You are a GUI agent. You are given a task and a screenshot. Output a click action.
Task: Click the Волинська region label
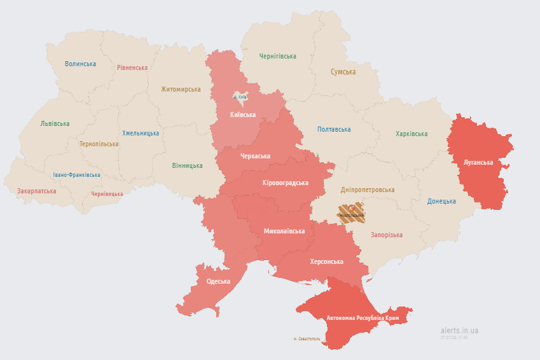click(80, 64)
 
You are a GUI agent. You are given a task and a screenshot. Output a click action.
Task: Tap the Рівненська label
click(132, 67)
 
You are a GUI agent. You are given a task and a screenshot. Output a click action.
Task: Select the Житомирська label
click(181, 89)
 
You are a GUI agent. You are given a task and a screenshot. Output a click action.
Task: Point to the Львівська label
click(55, 123)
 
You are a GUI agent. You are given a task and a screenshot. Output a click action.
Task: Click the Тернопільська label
click(99, 144)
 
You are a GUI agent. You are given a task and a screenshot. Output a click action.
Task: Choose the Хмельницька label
click(141, 133)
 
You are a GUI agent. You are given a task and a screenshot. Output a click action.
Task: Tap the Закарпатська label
click(37, 190)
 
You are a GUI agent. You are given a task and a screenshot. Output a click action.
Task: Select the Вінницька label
click(187, 165)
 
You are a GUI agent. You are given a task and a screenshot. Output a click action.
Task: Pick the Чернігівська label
click(277, 56)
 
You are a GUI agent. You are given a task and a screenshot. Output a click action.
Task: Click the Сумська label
click(343, 72)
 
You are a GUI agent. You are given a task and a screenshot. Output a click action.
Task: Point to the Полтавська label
click(334, 129)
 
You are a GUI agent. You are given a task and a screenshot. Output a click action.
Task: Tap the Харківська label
click(412, 134)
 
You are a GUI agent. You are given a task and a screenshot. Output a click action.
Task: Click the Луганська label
click(478, 162)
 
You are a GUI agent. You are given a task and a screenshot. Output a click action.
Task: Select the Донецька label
click(441, 201)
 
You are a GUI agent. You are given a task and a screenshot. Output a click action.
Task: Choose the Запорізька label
click(387, 235)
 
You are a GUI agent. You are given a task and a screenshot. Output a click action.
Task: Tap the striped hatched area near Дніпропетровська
click(351, 212)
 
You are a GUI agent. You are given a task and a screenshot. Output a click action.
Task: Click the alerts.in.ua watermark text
click(459, 330)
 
